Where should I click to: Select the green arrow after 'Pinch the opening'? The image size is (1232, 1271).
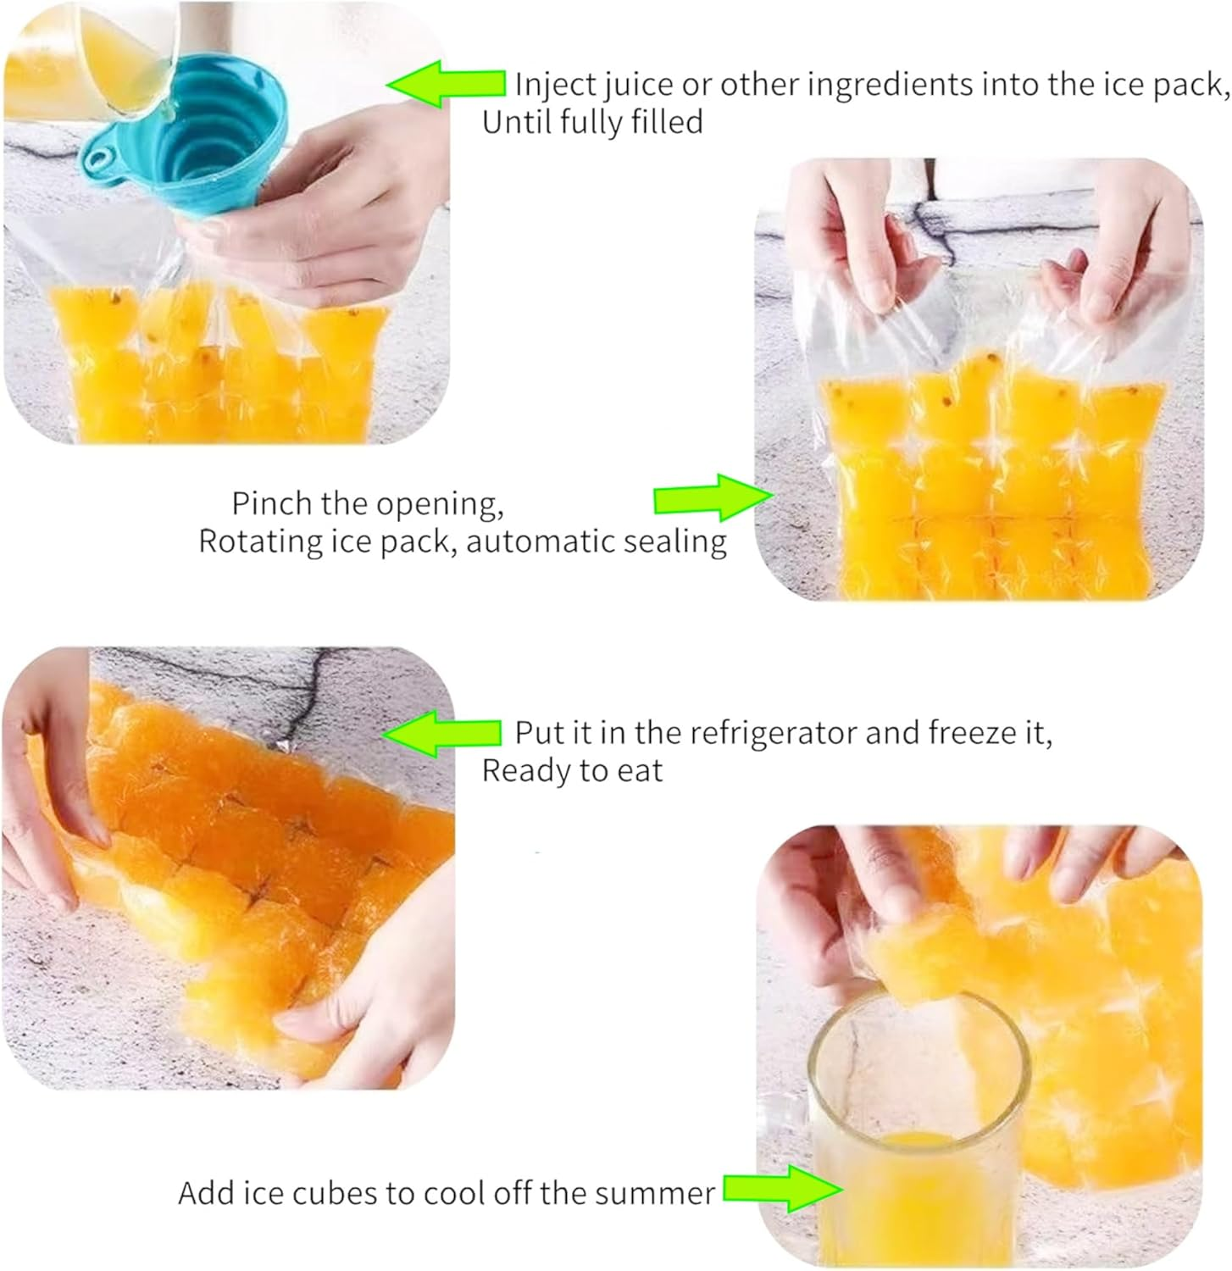[x=713, y=498]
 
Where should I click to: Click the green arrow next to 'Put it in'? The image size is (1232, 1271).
[x=441, y=732]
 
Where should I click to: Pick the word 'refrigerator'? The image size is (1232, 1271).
[x=772, y=732]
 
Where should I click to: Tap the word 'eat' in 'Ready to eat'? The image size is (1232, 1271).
[x=638, y=771]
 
